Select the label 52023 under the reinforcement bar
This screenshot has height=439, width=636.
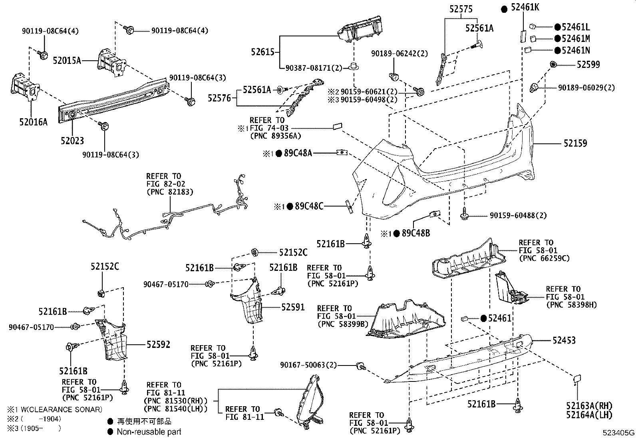[72, 141]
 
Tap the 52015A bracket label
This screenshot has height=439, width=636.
[67, 61]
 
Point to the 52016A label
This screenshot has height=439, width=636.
[33, 122]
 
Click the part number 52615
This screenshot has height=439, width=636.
[262, 52]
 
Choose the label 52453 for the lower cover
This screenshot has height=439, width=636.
[564, 340]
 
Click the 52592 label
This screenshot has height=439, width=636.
[158, 344]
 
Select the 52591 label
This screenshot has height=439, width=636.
[292, 307]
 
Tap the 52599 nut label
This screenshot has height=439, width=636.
[588, 65]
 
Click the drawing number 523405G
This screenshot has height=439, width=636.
[619, 433]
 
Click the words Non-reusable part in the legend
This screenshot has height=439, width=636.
[149, 432]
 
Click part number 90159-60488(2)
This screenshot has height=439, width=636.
[518, 216]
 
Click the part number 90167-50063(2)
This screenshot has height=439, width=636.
[308, 365]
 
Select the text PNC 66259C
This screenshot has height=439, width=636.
[544, 258]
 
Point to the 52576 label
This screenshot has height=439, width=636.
[219, 98]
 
